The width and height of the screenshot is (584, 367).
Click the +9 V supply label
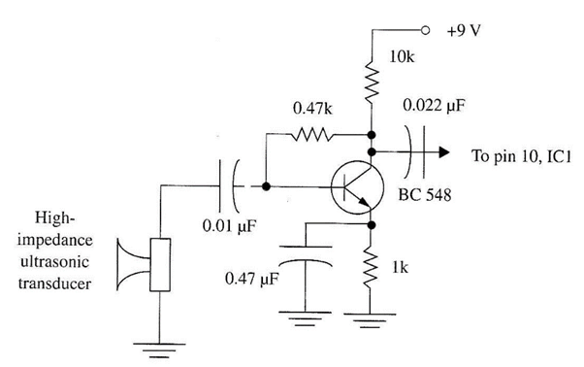(x=465, y=29)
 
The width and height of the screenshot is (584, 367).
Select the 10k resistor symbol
(x=372, y=83)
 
